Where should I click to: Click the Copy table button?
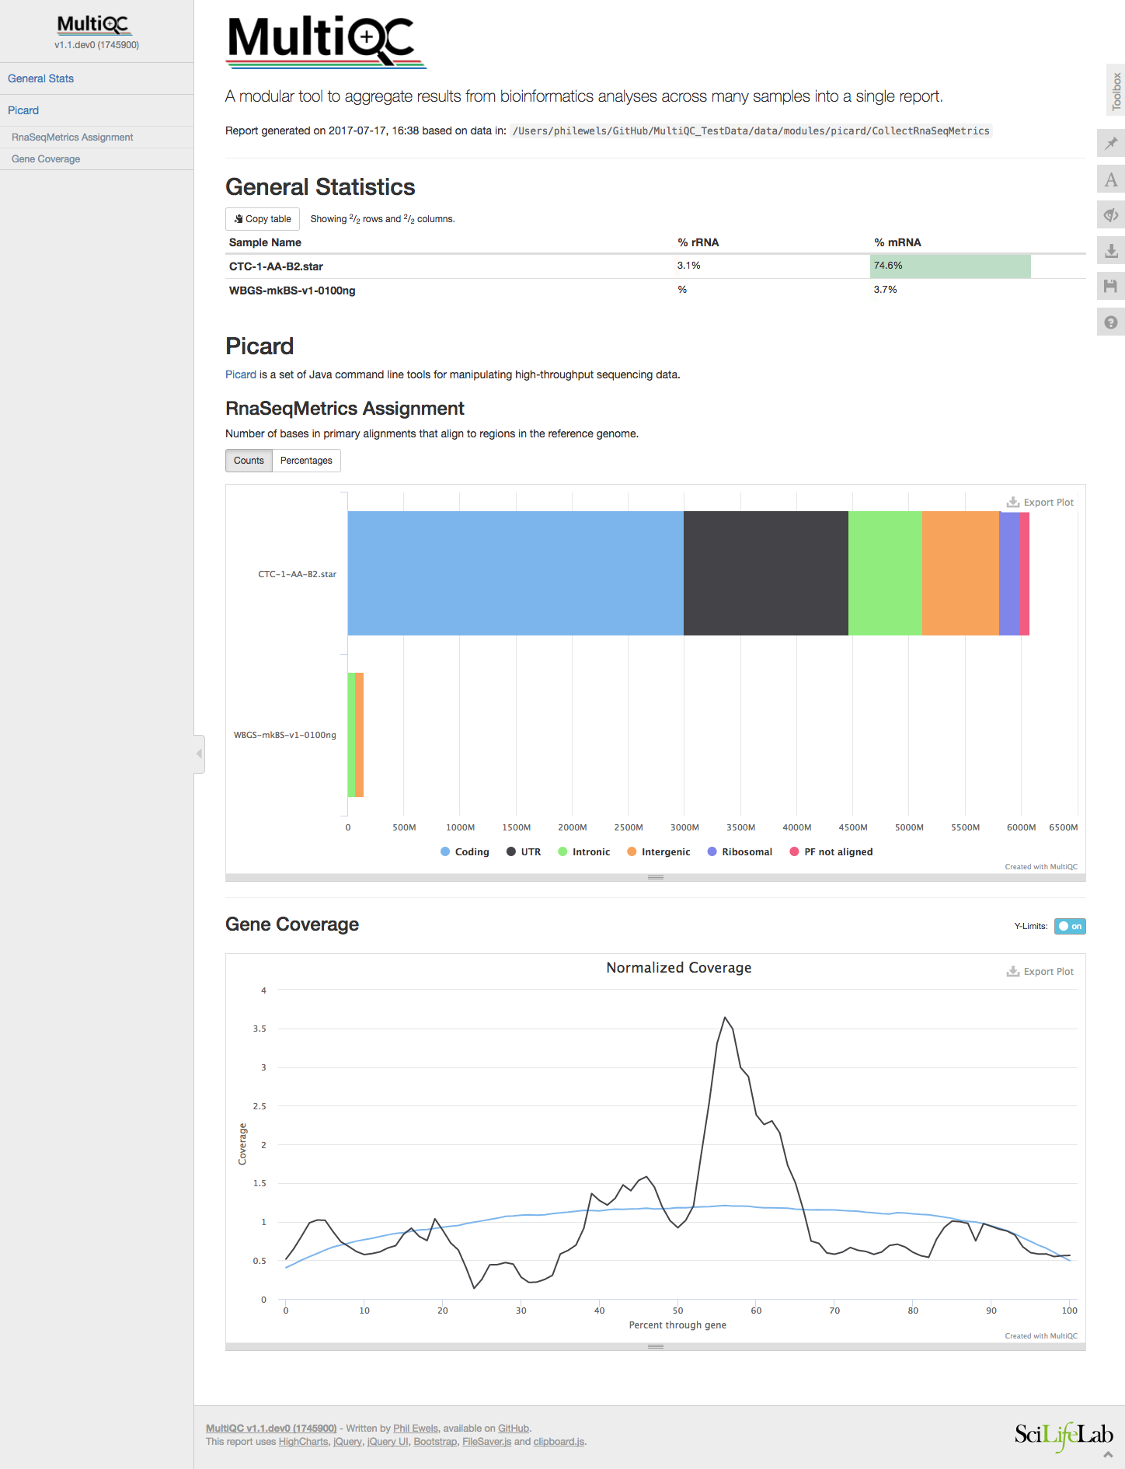coord(263,219)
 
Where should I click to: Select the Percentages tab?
coord(306,461)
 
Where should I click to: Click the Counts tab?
coord(249,461)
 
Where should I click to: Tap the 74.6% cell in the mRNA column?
coord(949,266)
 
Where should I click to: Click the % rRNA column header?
coord(698,242)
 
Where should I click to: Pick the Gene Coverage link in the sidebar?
coord(46,159)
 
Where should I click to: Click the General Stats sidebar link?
coord(40,78)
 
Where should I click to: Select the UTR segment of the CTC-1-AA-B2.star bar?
coord(765,573)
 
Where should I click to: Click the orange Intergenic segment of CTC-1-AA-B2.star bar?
coord(960,573)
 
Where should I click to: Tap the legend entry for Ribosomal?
coord(740,852)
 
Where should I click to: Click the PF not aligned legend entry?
coord(831,852)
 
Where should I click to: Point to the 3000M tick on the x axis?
coord(684,827)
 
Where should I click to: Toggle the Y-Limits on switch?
coord(1070,926)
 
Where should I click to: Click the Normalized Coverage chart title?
coord(678,968)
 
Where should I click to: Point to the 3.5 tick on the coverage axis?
coord(259,1029)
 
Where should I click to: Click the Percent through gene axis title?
coord(677,1325)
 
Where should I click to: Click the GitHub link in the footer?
coord(514,1428)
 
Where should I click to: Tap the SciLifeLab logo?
coord(1063,1434)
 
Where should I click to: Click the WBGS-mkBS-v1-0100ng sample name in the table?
coord(292,291)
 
